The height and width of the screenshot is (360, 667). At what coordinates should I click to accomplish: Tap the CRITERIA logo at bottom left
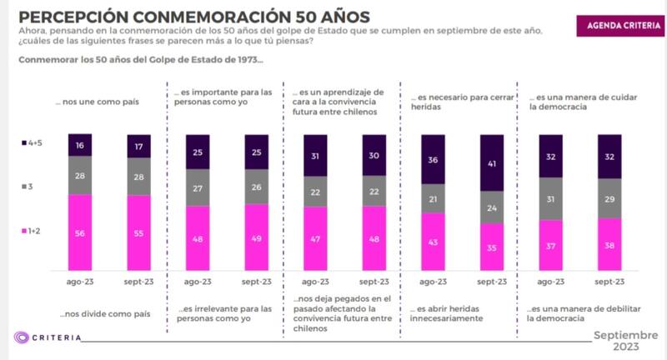[x=48, y=337]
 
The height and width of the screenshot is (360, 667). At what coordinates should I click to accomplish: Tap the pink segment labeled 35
[x=492, y=247]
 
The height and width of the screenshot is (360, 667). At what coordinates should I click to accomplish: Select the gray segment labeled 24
[x=492, y=208]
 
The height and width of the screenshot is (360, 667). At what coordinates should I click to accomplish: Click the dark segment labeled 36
[x=433, y=159]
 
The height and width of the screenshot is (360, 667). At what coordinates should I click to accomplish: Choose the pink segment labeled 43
[x=433, y=242]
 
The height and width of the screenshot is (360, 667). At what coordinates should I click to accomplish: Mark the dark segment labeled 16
[x=80, y=145]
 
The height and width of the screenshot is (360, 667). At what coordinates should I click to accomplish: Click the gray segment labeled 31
[x=550, y=200]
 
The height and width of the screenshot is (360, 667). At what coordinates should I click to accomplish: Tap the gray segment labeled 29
[x=609, y=198]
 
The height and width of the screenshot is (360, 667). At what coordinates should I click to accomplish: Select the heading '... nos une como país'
[x=97, y=102]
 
